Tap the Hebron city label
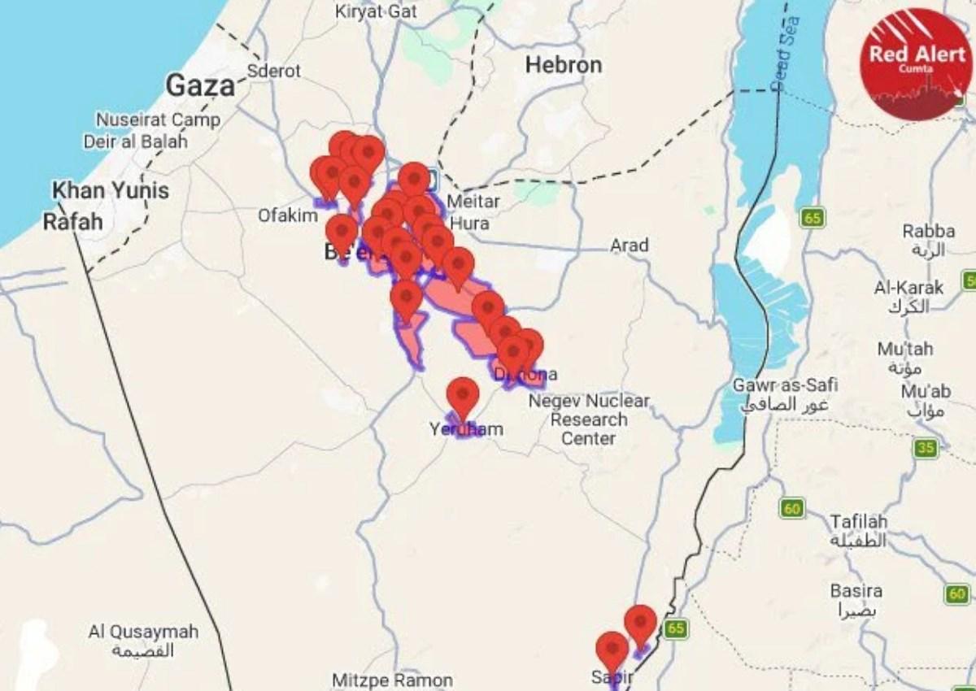(564, 65)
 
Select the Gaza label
(200, 85)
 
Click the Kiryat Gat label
(376, 12)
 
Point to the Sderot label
(273, 71)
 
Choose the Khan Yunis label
(111, 191)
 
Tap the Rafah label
(72, 221)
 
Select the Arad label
(630, 245)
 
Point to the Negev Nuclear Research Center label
(589, 419)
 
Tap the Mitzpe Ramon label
(392, 680)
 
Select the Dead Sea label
(786, 53)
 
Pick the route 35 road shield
(926, 448)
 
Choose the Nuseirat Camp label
(158, 120)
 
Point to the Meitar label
(473, 201)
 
